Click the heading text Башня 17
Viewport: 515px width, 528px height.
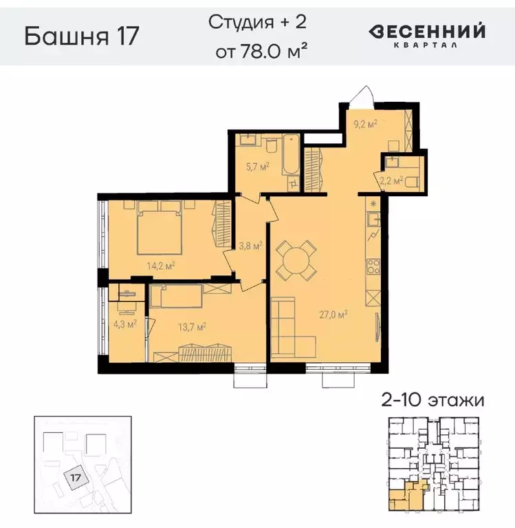[82, 36]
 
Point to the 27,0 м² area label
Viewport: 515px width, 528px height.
[332, 315]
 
